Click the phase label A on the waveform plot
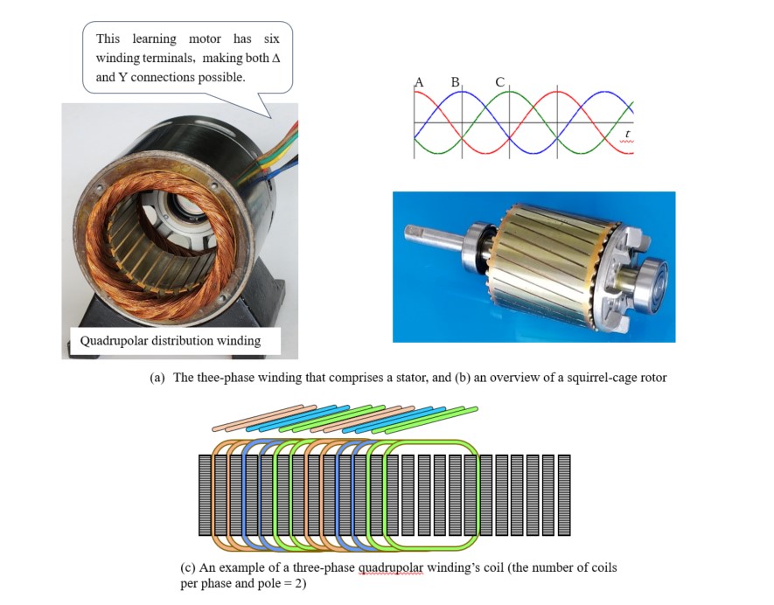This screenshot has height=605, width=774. (419, 82)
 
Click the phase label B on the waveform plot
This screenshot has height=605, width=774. (455, 82)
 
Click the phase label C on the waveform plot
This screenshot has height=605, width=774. (499, 82)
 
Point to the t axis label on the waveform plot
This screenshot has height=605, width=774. (627, 134)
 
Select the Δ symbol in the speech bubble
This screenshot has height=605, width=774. (276, 59)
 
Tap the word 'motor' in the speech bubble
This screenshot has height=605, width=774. (205, 39)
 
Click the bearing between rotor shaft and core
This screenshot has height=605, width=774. (478, 243)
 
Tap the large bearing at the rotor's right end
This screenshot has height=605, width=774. (651, 279)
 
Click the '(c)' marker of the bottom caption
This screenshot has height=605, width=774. (188, 568)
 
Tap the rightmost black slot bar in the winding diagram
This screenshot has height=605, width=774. (564, 496)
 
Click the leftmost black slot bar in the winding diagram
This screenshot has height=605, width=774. (205, 496)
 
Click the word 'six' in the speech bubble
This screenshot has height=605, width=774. (271, 39)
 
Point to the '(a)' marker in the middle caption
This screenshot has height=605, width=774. (157, 378)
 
